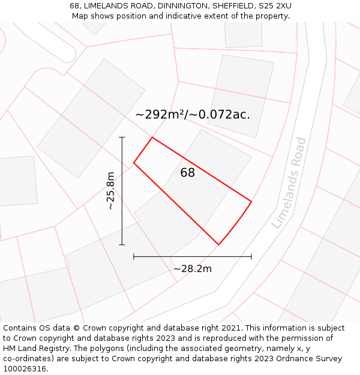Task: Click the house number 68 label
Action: coord(187,173)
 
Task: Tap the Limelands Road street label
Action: coord(289,182)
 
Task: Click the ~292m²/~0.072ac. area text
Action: coord(192,114)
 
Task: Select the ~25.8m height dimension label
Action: coord(110,191)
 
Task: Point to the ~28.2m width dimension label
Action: coord(193,269)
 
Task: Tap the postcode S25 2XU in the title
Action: coord(274,6)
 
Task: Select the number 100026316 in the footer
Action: coord(23,369)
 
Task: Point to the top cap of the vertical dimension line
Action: coord(122,137)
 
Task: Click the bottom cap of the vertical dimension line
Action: coord(122,245)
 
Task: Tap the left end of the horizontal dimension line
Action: coord(134,257)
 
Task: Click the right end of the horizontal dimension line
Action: coord(251,257)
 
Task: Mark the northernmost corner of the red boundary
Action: coord(152,137)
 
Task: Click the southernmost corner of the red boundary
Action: coord(218,245)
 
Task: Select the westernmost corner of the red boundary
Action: coord(134,163)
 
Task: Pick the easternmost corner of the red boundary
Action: coord(251,201)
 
